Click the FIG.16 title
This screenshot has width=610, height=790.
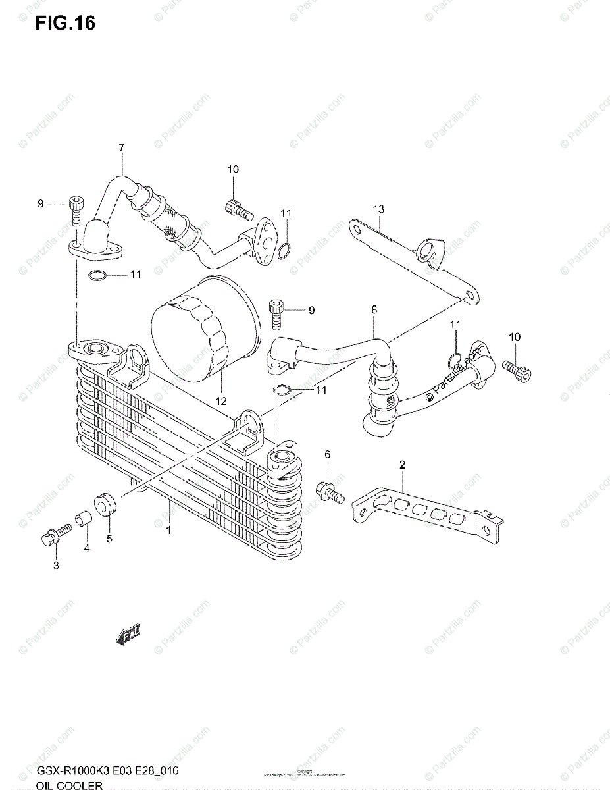65,23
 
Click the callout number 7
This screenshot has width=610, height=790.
122,148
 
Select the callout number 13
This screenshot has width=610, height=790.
378,209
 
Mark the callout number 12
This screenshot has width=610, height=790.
221,401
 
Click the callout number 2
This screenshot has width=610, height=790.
402,465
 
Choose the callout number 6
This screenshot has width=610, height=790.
327,454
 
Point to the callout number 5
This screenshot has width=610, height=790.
109,539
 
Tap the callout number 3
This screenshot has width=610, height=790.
56,565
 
